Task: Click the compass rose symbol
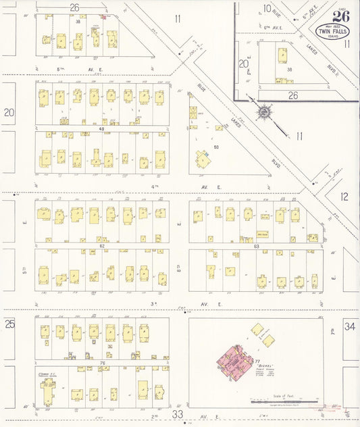[x=264, y=111]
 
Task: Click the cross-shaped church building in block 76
[x=47, y=391]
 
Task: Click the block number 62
[x=103, y=247]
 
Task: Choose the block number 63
[x=256, y=247]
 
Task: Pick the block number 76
[x=103, y=363]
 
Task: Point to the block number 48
[x=102, y=128]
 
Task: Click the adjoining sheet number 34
[x=349, y=326]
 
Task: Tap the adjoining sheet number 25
[x=9, y=324]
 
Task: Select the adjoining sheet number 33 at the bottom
[x=178, y=413]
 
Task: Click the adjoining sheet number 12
[x=344, y=197]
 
